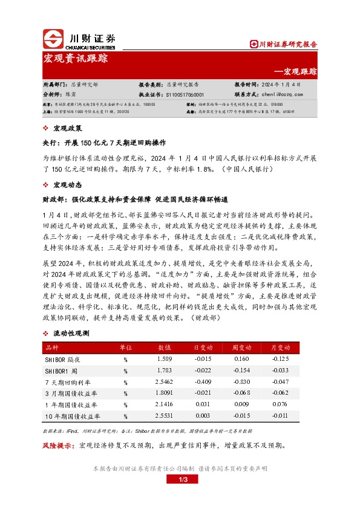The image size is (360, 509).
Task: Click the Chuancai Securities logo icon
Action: pyautogui.click(x=53, y=39)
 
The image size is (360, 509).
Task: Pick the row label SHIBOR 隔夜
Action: pyautogui.click(x=62, y=359)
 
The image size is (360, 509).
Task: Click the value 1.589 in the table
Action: pyautogui.click(x=165, y=359)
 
